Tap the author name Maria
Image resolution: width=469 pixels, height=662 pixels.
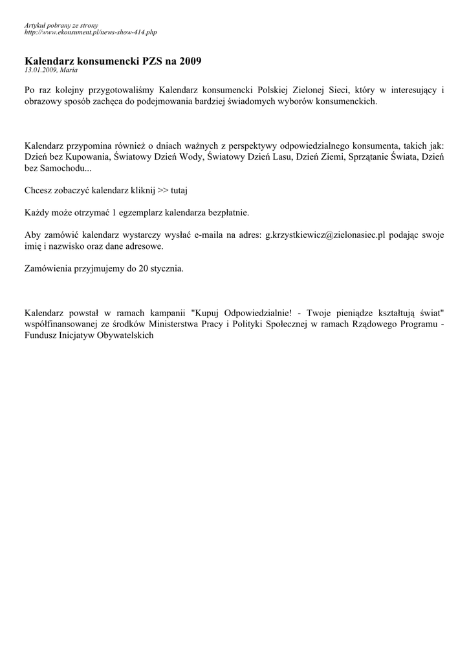click(69, 70)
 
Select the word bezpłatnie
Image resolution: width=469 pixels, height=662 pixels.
click(226, 213)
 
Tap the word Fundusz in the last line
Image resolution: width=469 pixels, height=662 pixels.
click(42, 336)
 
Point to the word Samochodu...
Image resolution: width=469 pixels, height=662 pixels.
click(63, 169)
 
